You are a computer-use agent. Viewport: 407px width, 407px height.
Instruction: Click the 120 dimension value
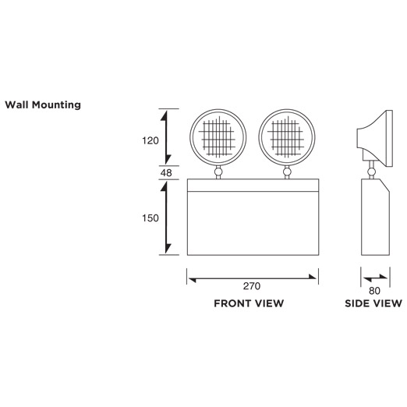150,141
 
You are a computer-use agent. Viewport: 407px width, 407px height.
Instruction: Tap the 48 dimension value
166,173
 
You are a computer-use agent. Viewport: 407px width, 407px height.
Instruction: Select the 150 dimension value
150,218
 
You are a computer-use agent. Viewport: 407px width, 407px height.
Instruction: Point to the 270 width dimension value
252,286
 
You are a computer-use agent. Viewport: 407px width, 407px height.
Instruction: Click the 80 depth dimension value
374,291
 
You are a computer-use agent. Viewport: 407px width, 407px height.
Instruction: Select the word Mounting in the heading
56,105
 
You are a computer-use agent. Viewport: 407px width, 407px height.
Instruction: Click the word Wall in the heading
17,104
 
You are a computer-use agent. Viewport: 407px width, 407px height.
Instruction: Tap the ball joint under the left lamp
218,172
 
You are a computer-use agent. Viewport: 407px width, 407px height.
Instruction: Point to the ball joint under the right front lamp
287,172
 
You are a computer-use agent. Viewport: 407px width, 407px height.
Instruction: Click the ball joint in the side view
372,172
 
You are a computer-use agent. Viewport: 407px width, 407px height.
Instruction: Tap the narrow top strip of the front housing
253,186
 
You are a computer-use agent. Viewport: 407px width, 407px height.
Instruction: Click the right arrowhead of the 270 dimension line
313,277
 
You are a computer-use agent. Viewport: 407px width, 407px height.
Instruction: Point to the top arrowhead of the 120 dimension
164,115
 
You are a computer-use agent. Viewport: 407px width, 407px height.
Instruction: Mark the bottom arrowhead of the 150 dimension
168,249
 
